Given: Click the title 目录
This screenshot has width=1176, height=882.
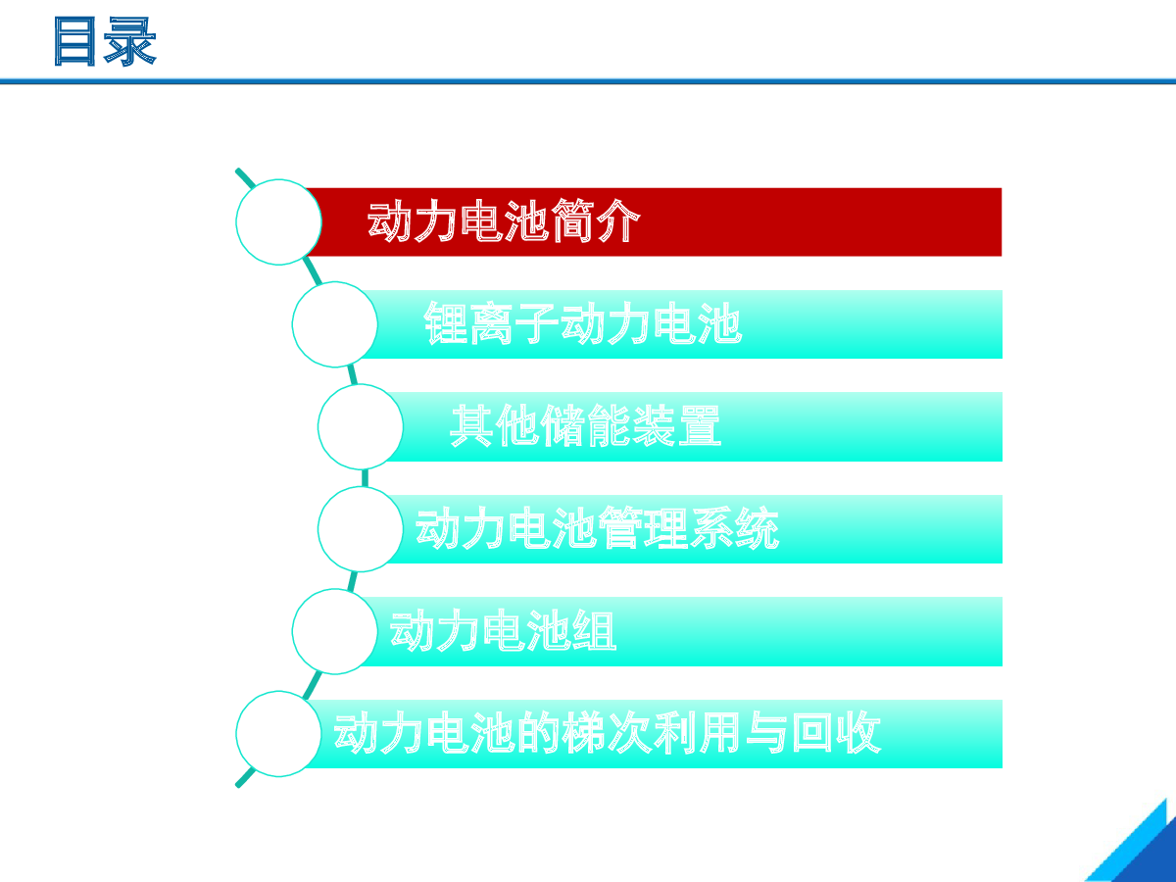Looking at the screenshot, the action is coord(105,41).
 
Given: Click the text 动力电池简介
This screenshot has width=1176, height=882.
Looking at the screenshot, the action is coord(504,220).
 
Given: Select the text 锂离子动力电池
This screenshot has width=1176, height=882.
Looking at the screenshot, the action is coord(583,323).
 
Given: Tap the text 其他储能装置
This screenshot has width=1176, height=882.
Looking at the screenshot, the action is coord(586,425).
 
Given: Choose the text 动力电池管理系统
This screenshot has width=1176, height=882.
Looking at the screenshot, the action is coord(598,528).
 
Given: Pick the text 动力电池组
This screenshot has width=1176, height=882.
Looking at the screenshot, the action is coord(503,631).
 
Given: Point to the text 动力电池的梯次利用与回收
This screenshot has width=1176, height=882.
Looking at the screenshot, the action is coord(608,733).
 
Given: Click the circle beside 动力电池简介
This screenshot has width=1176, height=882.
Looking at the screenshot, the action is coord(278,222).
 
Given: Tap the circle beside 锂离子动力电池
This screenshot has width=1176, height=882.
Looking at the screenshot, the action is coord(335,324).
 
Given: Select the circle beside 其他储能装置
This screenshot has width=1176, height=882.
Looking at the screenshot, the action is coord(361,427).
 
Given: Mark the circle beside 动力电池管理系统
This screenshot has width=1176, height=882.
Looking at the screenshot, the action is coord(361,529).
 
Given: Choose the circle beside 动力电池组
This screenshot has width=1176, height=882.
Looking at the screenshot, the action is coord(335,631).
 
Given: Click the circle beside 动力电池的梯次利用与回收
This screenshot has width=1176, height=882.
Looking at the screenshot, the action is coord(278,734).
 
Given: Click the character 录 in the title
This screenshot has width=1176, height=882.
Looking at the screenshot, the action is coord(130,41).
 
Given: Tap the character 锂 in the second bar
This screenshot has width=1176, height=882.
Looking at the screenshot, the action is coord(446,323).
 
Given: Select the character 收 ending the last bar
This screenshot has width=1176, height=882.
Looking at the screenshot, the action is coord(859,733).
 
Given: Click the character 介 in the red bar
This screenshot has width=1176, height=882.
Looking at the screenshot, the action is coord(618,220).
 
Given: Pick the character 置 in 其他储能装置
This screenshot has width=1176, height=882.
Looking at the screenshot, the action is coord(700,425).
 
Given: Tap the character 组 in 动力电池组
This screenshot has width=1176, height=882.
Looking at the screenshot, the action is coord(595,631).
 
